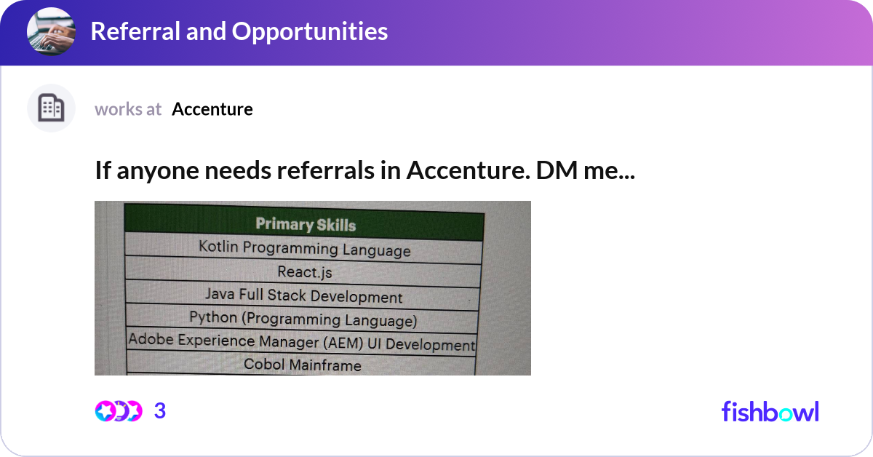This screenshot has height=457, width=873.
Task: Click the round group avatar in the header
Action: (x=51, y=32)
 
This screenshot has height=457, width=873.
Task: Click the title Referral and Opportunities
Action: (x=239, y=31)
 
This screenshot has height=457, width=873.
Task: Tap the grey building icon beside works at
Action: (x=51, y=108)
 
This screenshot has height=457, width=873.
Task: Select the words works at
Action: (x=128, y=109)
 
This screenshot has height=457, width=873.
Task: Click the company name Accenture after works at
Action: (x=212, y=109)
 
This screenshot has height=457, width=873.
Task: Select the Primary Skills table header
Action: (x=306, y=223)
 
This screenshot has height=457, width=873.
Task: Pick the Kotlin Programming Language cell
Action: (x=304, y=248)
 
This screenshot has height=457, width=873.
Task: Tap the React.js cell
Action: (x=305, y=272)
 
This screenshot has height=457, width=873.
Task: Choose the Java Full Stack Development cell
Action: (x=303, y=295)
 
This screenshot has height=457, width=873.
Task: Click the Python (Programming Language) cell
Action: (x=303, y=319)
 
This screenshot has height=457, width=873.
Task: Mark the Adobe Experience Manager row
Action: (x=301, y=342)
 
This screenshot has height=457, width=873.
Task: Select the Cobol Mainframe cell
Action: (x=302, y=364)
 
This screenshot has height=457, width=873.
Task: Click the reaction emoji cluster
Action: (x=119, y=411)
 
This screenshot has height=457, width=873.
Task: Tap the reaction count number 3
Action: (x=160, y=411)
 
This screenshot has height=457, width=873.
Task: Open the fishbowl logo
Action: (x=770, y=411)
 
